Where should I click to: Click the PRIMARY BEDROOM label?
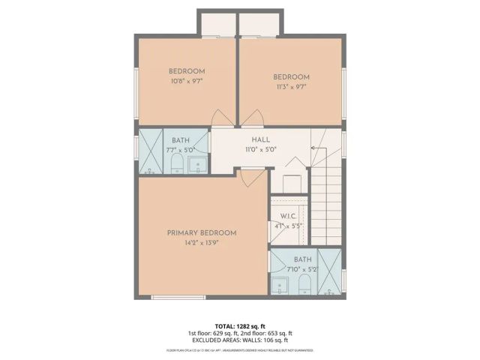point(202,232)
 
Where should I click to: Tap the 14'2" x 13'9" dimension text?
point(202,242)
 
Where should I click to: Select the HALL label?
point(261,139)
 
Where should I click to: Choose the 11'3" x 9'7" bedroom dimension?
point(290,86)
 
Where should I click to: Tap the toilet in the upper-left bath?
point(177,163)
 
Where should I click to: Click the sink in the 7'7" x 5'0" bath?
point(199,164)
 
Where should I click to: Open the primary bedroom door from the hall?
point(253,176)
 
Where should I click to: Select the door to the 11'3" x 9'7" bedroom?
point(253,118)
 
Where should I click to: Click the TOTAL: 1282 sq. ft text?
point(240,326)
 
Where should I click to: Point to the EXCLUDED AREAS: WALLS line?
point(240,340)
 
